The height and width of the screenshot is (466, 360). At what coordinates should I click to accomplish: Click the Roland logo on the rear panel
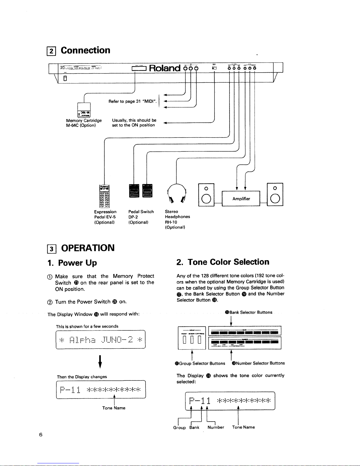[165, 68]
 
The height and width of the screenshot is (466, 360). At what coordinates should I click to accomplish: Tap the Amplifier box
[241, 199]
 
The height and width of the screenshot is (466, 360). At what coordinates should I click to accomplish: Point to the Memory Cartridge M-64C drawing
[84, 111]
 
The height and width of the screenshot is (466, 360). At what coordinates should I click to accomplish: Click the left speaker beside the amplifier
[206, 195]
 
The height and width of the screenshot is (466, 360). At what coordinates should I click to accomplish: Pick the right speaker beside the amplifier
[275, 195]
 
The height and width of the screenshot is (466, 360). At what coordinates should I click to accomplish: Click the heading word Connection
[86, 50]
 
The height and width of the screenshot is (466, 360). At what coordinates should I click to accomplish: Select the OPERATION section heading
[88, 248]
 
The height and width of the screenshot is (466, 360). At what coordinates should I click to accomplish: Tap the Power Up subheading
[77, 263]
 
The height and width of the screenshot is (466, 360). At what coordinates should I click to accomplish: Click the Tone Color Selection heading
[228, 262]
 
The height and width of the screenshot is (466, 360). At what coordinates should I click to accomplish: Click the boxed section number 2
[51, 51]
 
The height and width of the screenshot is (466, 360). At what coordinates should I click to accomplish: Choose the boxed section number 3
[52, 249]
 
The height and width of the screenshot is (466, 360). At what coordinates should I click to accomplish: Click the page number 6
[41, 435]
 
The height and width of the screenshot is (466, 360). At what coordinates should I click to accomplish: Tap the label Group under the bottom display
[179, 427]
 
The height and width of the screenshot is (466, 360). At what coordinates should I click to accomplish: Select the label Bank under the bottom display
[194, 427]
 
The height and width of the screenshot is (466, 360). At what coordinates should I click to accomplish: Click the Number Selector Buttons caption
[259, 363]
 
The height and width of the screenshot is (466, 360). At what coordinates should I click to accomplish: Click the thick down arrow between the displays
[100, 362]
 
